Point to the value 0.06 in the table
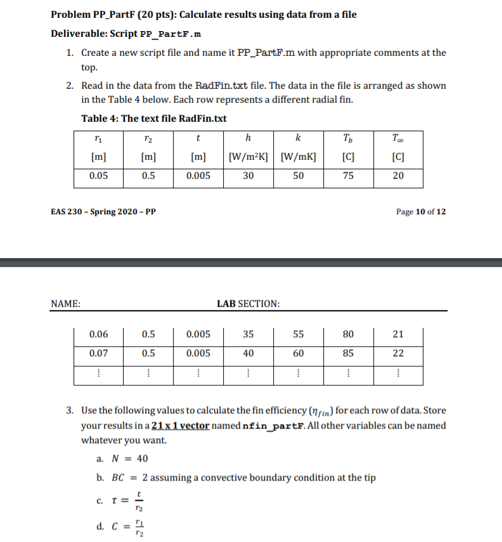[98, 334]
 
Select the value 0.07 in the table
[98, 353]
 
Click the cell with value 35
[248, 334]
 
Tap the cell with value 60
[298, 353]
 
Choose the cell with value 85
[348, 353]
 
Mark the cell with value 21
[398, 334]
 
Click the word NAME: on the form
[65, 304]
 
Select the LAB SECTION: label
[248, 304]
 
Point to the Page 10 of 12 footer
[420, 212]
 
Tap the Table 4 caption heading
[154, 119]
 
